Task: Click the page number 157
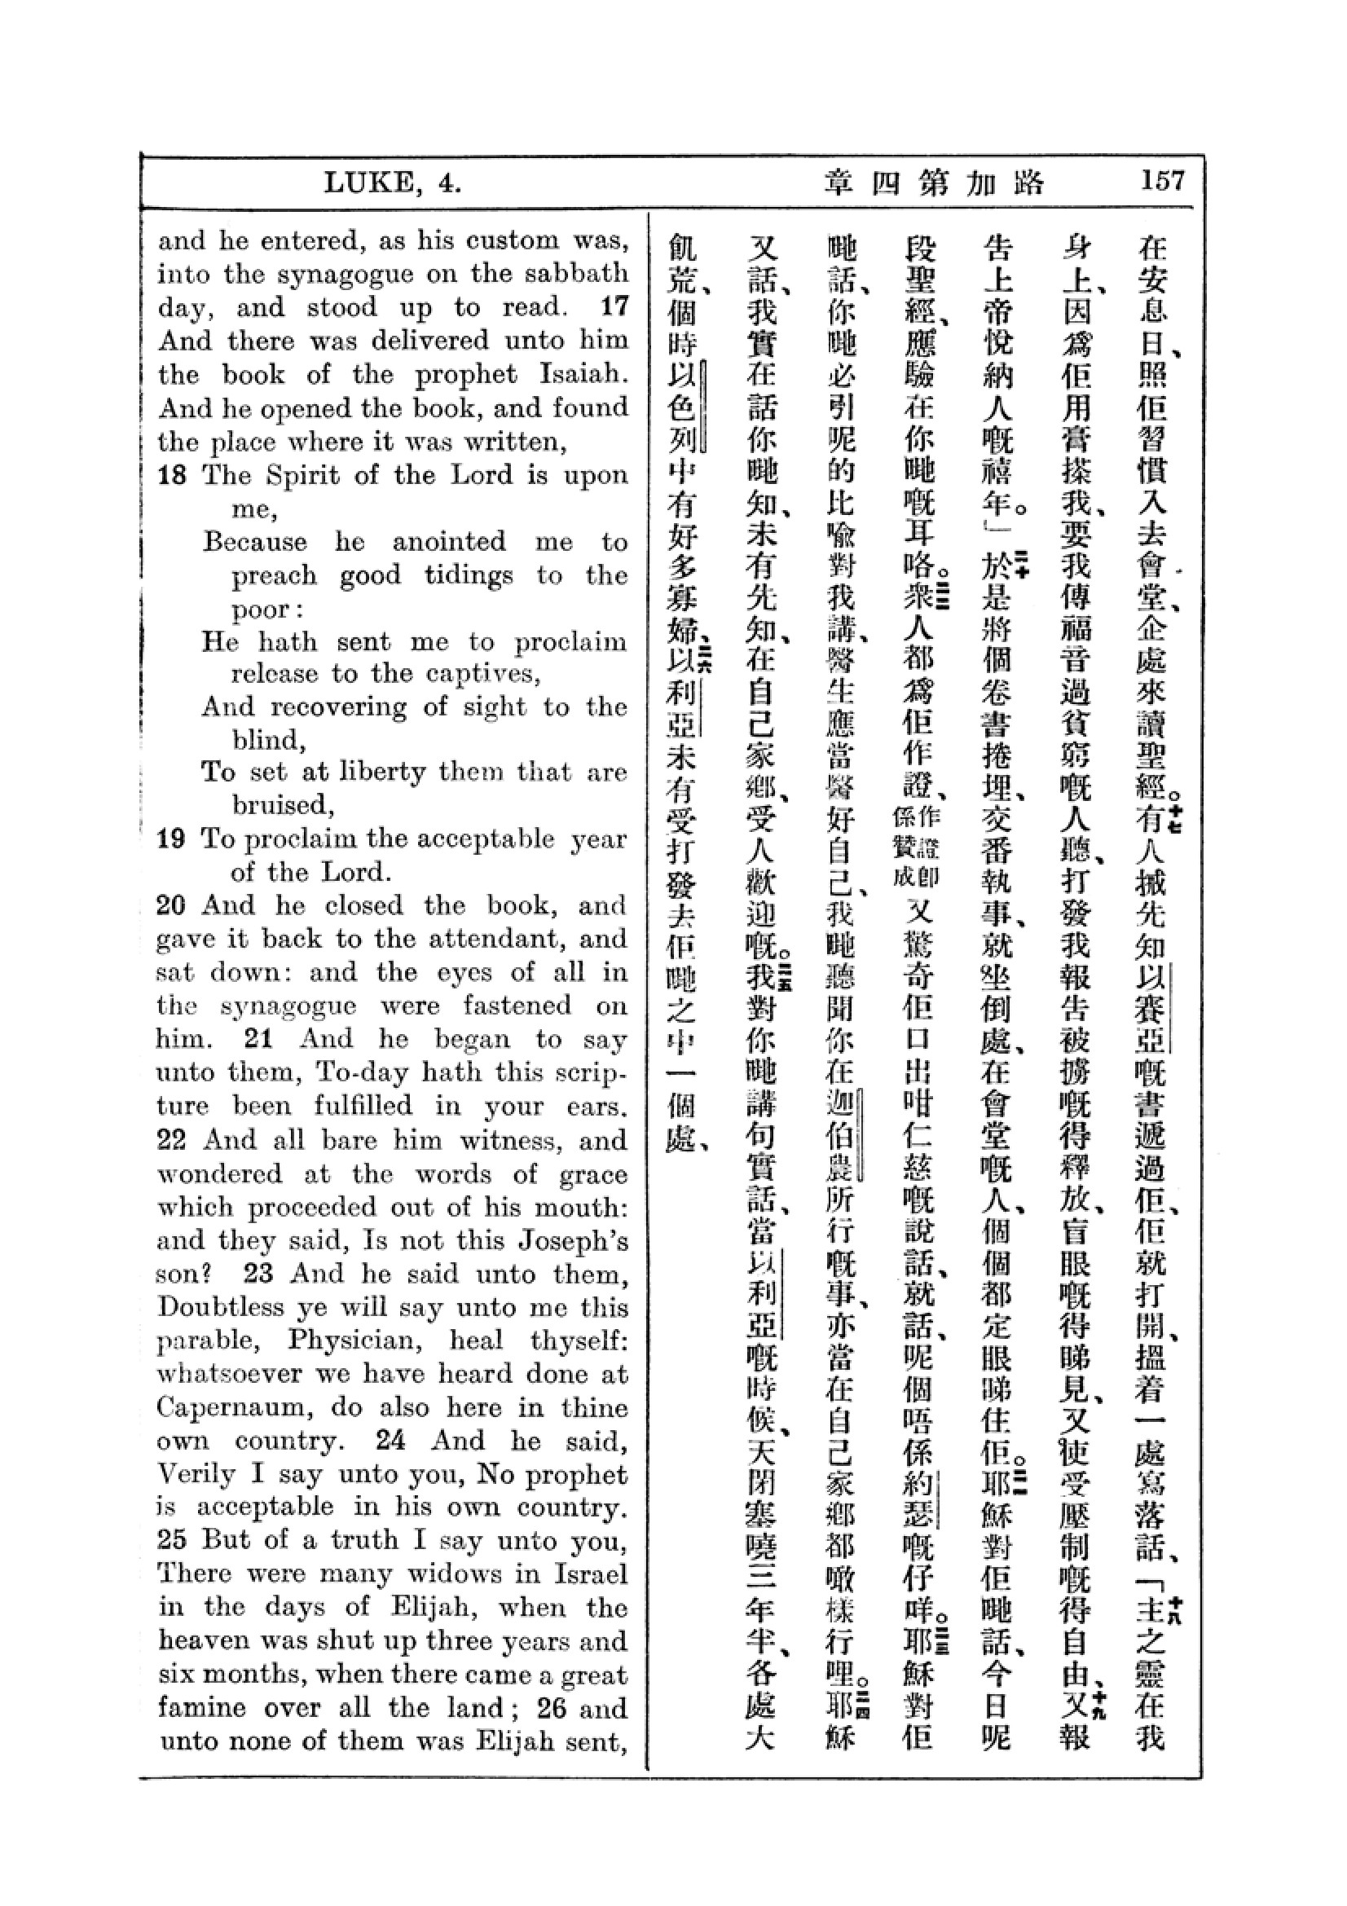(x=1163, y=181)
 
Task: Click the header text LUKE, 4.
(x=392, y=183)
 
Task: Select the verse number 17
(x=614, y=307)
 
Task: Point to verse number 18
(x=172, y=476)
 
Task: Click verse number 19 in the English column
(x=171, y=839)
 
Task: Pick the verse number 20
(x=171, y=905)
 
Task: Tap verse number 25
(x=172, y=1540)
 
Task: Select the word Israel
(x=585, y=1574)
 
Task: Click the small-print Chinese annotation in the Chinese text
(x=916, y=847)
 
